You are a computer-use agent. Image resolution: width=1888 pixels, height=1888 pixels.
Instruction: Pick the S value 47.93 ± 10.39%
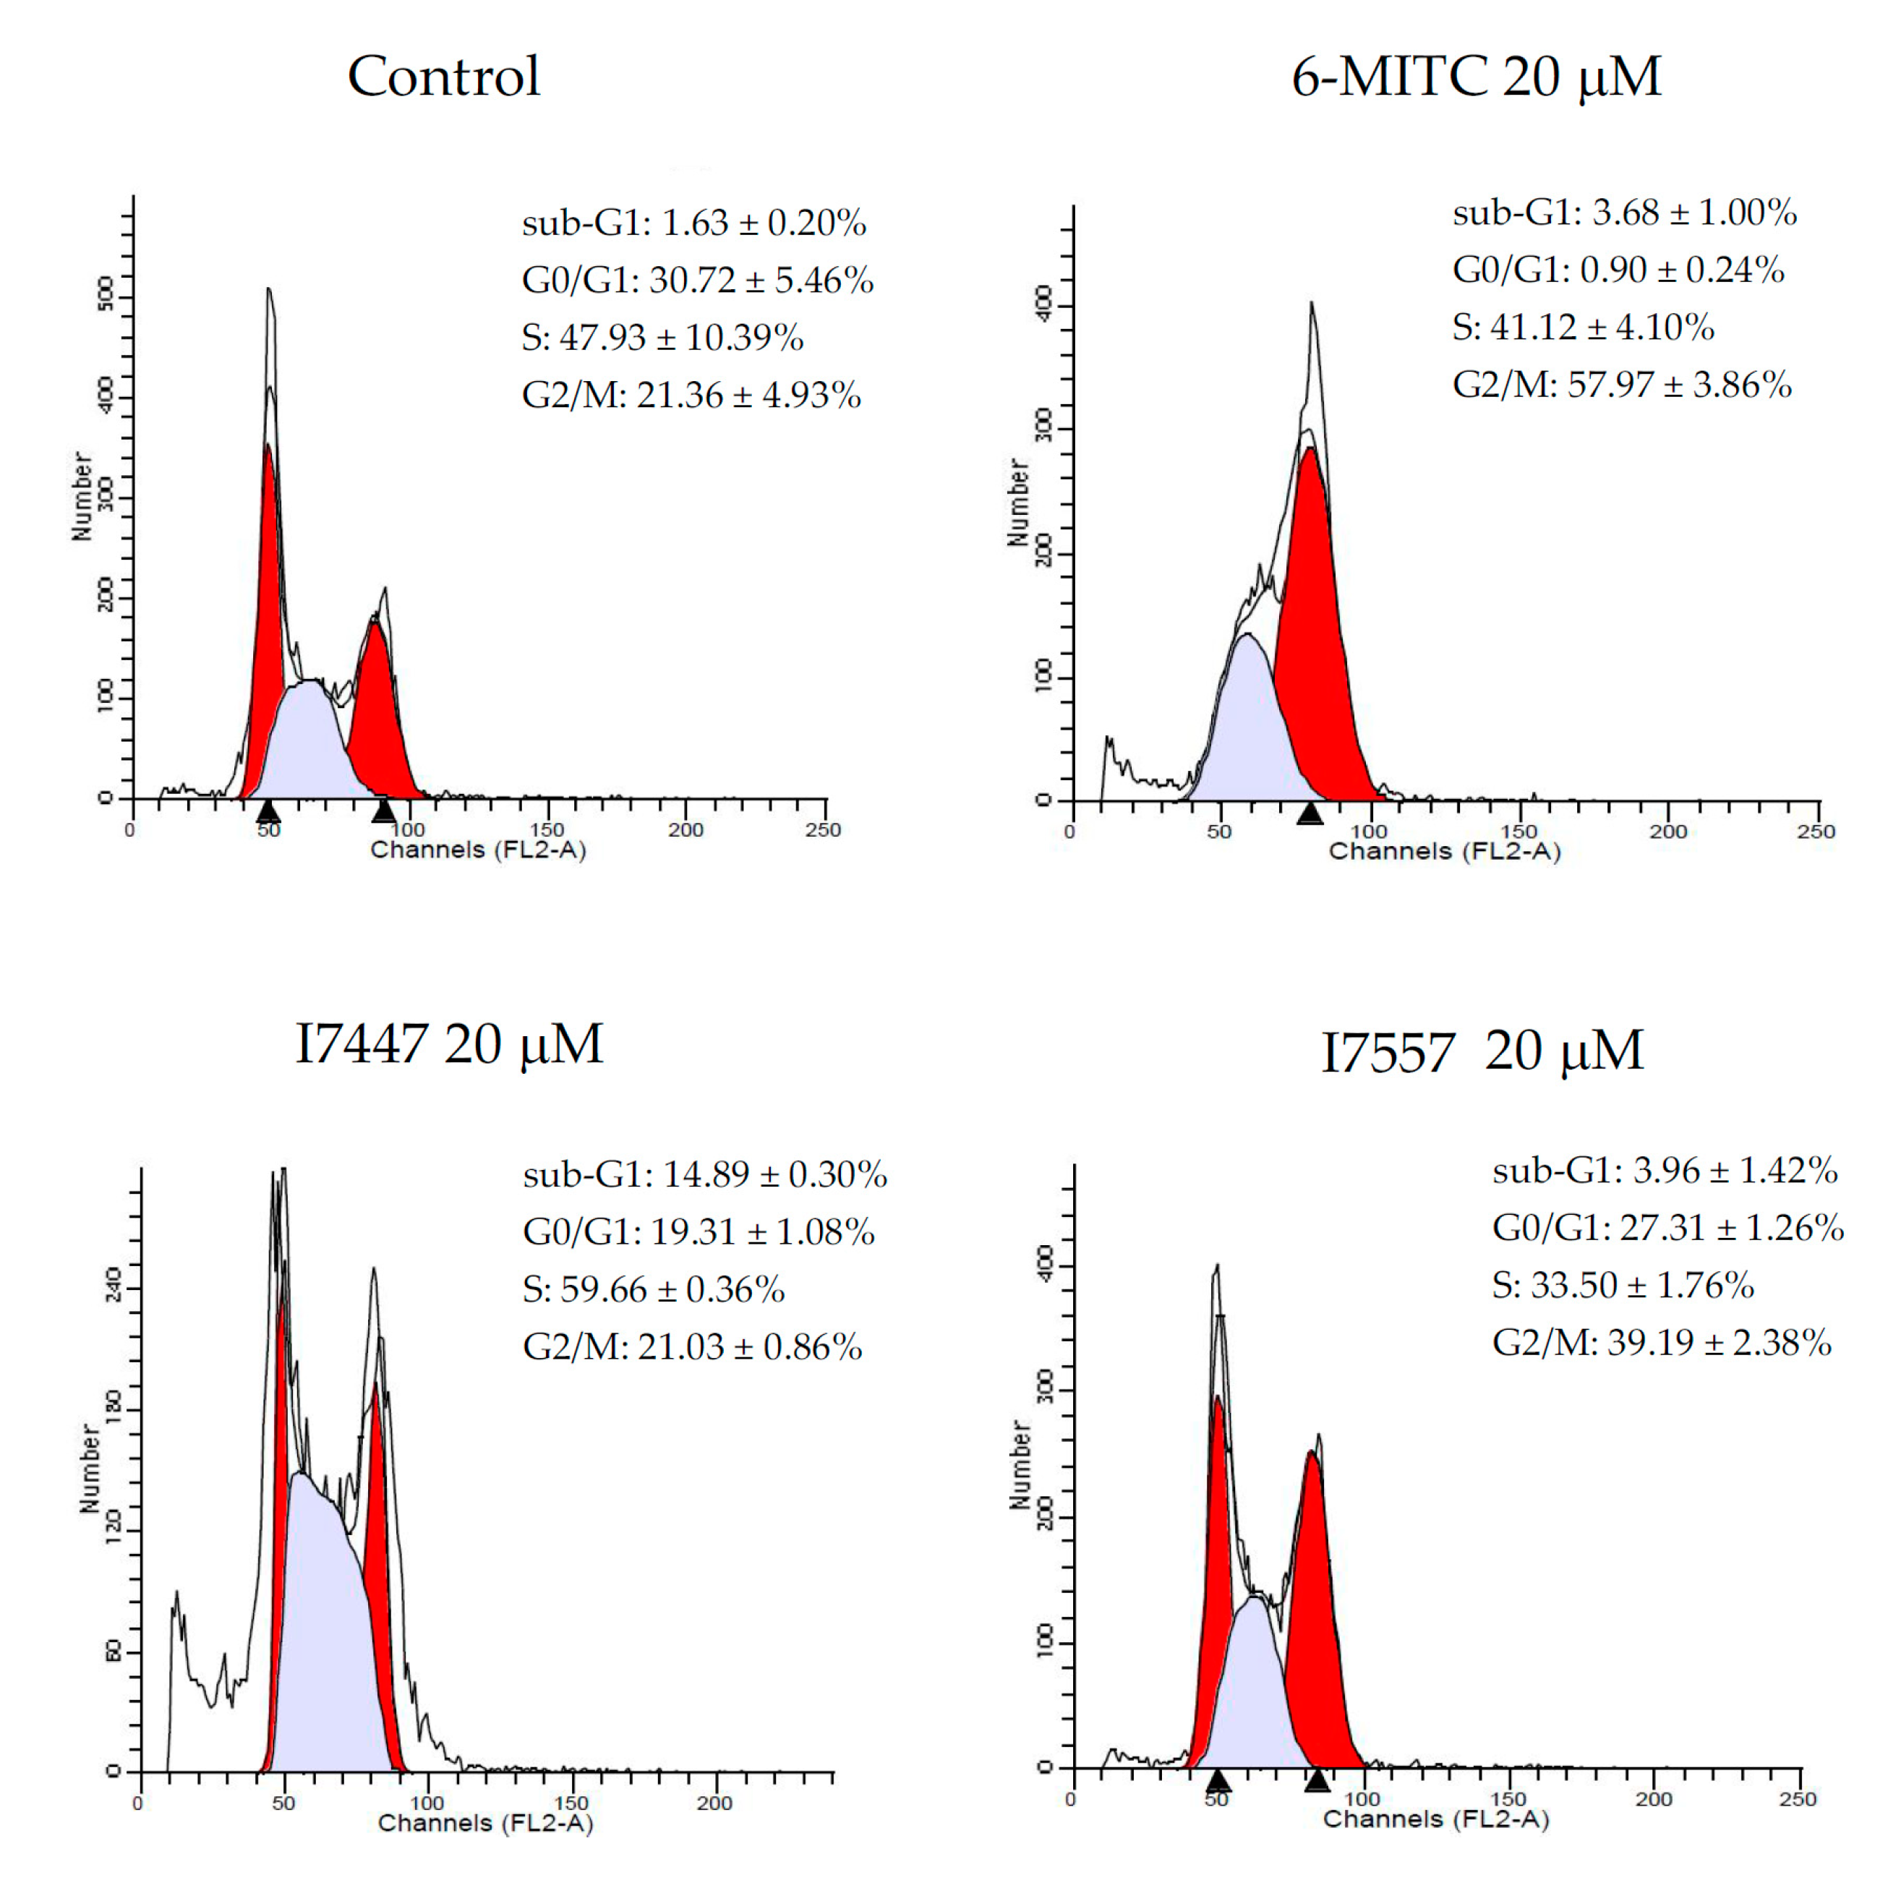coord(662,337)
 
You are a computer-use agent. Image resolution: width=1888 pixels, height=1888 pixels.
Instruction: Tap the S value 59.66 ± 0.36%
coord(653,1289)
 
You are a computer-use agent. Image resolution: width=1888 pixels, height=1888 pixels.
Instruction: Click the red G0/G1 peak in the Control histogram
coord(266,606)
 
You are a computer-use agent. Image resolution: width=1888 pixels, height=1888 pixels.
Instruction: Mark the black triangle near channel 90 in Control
coord(384,810)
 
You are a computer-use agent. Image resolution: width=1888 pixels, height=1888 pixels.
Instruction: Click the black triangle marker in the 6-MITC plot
coord(1310,812)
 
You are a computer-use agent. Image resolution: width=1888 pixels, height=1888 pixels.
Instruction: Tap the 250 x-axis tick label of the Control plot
coord(824,829)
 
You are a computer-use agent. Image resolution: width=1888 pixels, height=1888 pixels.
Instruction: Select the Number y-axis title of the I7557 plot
coord(1020,1465)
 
